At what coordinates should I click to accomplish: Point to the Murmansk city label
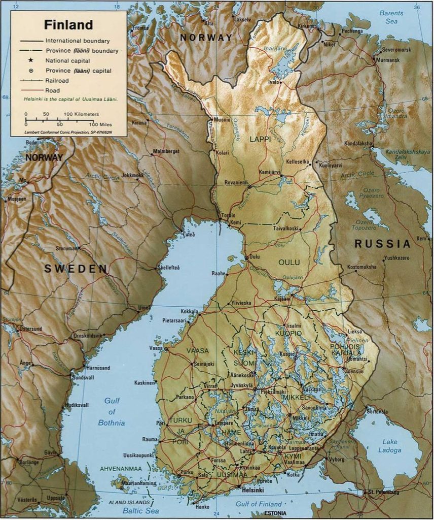pyautogui.click(x=388, y=60)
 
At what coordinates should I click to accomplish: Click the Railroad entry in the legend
pyautogui.click(x=57, y=81)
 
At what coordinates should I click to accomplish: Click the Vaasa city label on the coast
pyautogui.click(x=155, y=348)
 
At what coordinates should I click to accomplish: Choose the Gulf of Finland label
pyautogui.click(x=259, y=504)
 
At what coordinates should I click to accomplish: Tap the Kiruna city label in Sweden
pyautogui.click(x=139, y=123)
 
